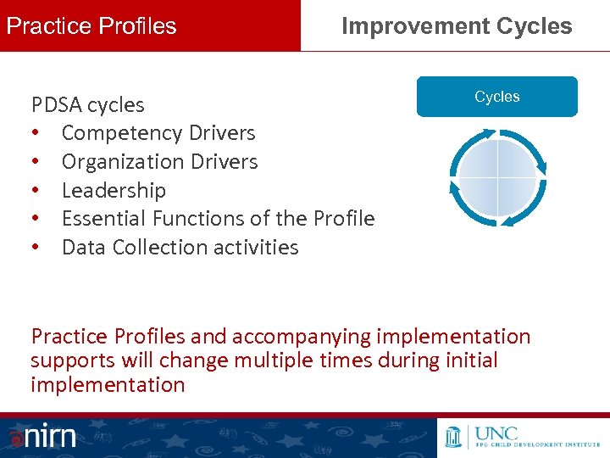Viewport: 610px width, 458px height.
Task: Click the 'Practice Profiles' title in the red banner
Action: tap(91, 25)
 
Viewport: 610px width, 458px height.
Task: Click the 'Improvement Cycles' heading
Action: tap(457, 25)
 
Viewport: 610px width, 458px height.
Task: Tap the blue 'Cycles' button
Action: tap(496, 97)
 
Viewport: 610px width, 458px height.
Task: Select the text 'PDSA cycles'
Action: tap(87, 105)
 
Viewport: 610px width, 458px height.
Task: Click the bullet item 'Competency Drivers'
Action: tap(158, 133)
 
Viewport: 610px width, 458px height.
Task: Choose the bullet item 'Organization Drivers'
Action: tap(159, 162)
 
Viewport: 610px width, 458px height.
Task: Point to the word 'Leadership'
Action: tap(114, 190)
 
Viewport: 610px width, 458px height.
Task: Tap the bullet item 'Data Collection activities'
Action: tap(180, 248)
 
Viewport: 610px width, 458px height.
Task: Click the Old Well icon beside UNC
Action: tap(453, 437)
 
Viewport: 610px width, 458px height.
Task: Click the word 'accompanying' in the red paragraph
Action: tap(294, 337)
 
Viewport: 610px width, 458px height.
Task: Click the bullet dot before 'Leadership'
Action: tap(36, 190)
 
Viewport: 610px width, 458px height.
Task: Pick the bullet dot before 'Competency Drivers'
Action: tap(36, 133)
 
